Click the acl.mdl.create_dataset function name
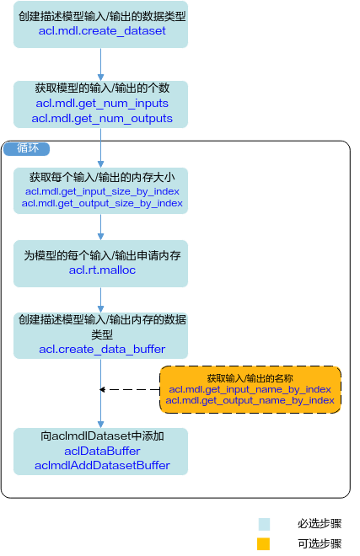tap(102, 31)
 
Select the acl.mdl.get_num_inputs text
tap(102, 103)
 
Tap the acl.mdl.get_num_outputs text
tap(102, 119)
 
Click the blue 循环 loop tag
tap(27, 148)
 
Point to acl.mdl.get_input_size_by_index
tap(102, 191)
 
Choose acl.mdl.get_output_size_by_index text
tap(102, 203)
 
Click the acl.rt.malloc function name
tap(102, 270)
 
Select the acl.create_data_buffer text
tap(102, 350)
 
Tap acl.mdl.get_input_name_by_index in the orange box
tap(250, 389)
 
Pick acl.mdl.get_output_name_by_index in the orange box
tap(250, 400)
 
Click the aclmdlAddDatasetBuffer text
tap(102, 465)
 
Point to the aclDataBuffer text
tap(102, 451)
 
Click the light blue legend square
tap(264, 524)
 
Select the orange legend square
tap(264, 544)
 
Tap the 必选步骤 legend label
tap(320, 524)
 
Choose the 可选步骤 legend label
tap(320, 543)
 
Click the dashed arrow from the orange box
tap(130, 389)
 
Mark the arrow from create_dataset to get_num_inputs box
tap(100, 64)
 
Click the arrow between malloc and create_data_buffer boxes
tap(100, 300)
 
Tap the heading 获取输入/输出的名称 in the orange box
tap(250, 378)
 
